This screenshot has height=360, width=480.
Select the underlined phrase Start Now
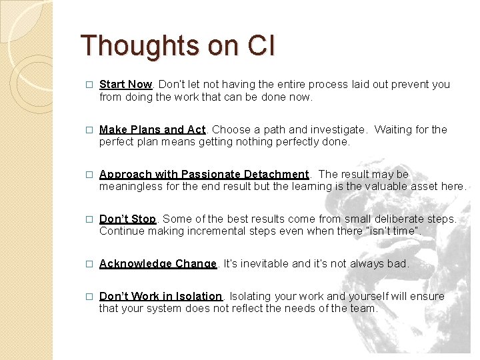(x=126, y=84)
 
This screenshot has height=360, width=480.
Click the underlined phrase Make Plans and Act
(x=153, y=129)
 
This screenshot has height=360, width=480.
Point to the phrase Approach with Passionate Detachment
(x=204, y=174)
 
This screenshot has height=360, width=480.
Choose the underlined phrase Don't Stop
(x=127, y=219)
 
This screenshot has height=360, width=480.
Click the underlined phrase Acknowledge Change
(x=158, y=263)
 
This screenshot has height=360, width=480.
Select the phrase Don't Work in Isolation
(x=161, y=296)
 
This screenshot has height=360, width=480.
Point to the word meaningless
(x=131, y=186)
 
